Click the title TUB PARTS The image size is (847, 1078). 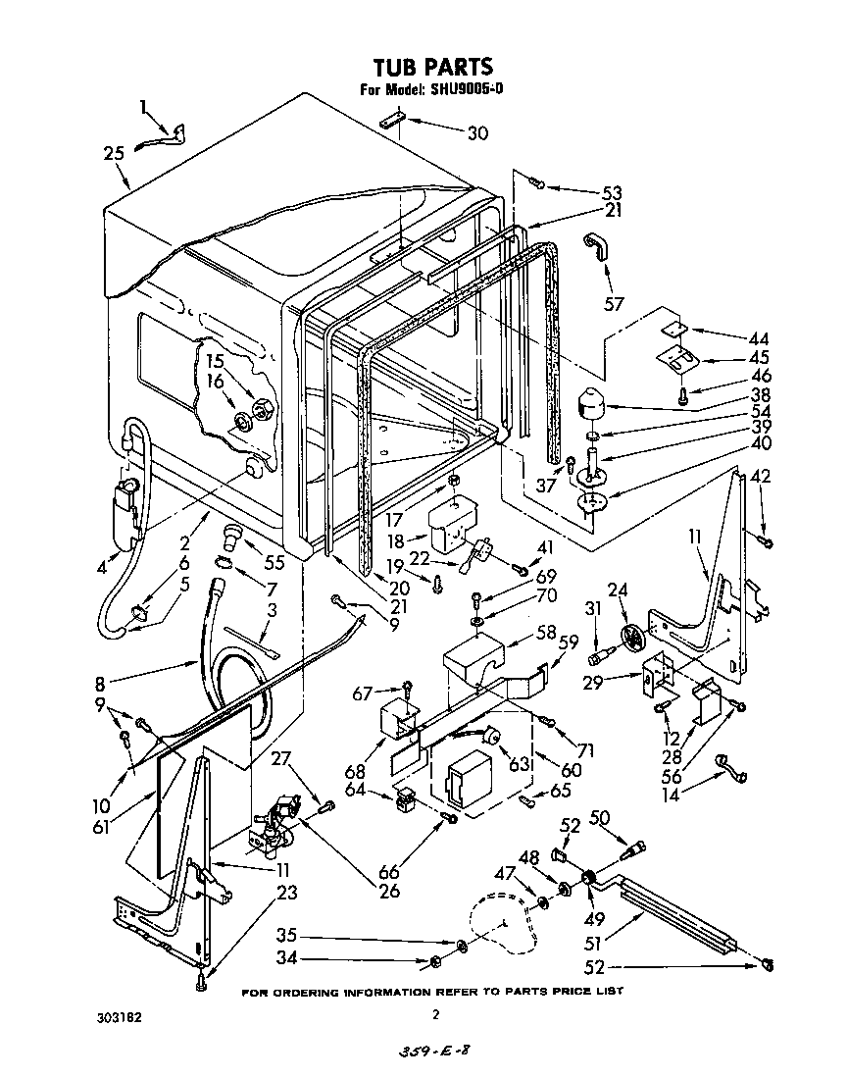pyautogui.click(x=432, y=66)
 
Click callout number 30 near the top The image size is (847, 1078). pyautogui.click(x=476, y=134)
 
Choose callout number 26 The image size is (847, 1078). pyautogui.click(x=389, y=891)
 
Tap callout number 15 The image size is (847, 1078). pyautogui.click(x=216, y=361)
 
